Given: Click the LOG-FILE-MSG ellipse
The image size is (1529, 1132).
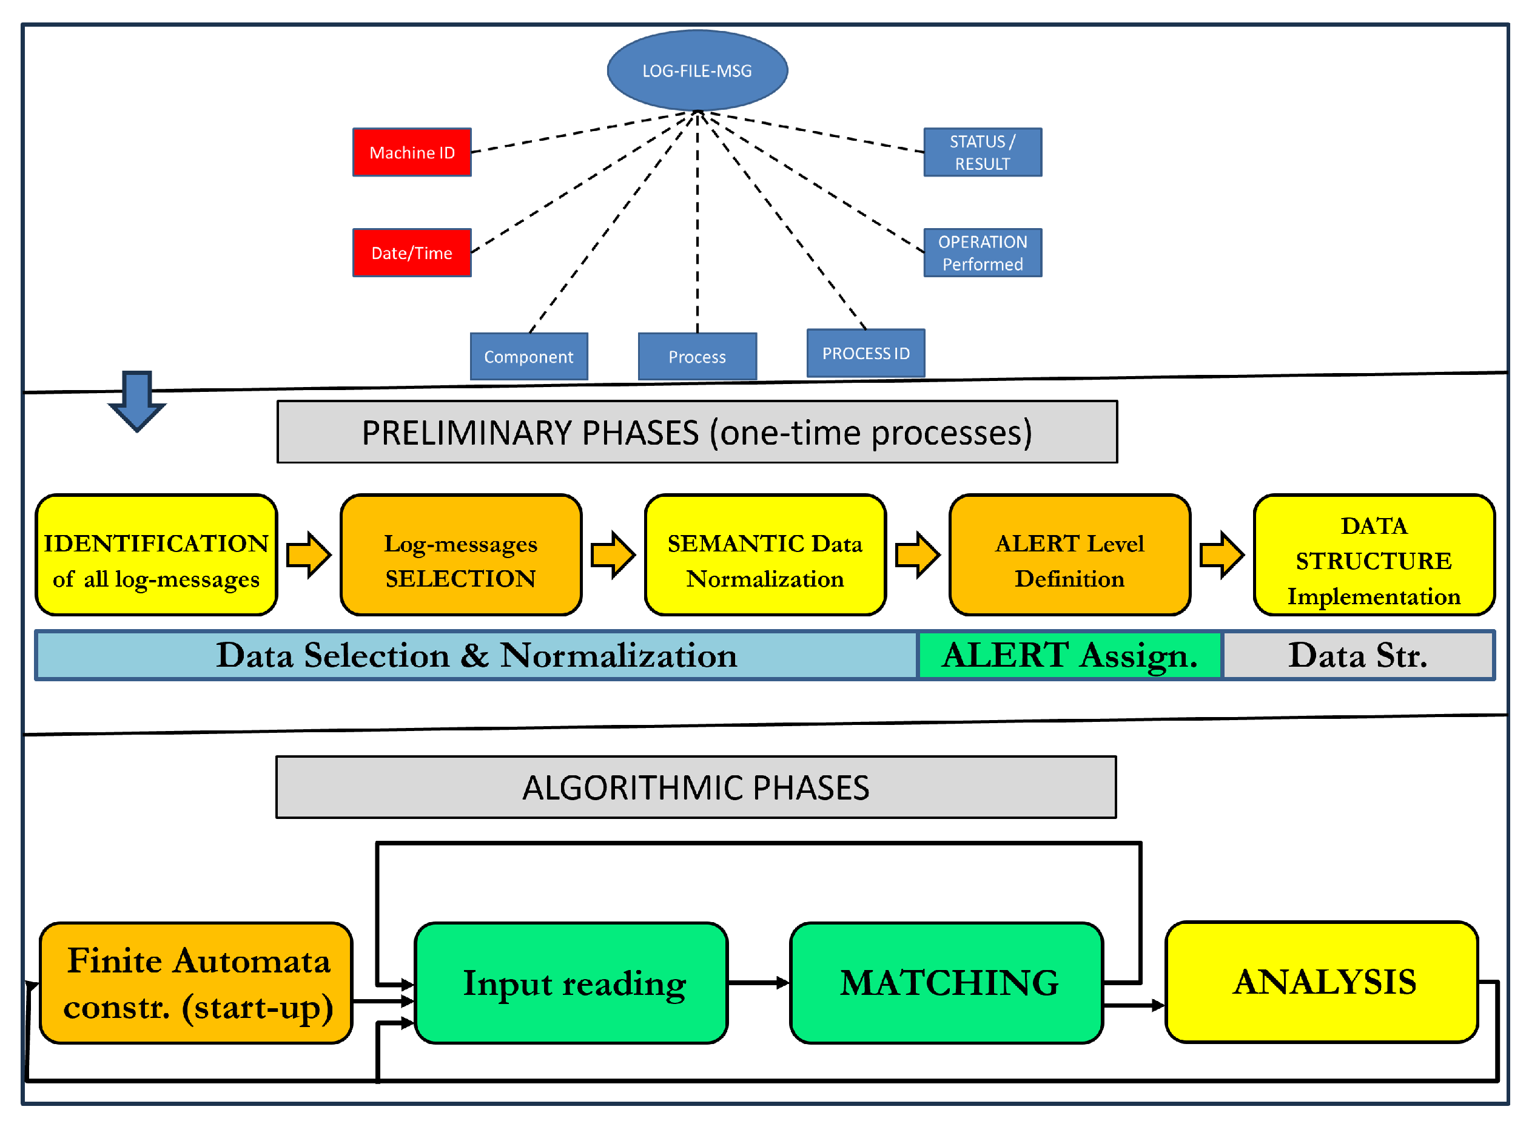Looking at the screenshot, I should click(697, 70).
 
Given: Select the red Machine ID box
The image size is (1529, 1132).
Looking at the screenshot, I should click(412, 152).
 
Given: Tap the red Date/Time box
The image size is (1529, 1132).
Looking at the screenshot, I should click(412, 253).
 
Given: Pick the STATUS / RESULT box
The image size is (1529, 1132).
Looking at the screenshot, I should click(982, 152).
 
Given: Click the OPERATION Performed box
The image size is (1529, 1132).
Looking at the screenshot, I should click(982, 253).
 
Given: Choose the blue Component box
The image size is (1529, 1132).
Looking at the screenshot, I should click(528, 356).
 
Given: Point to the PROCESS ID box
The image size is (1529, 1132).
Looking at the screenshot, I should click(865, 353).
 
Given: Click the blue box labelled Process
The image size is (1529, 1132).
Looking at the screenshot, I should click(697, 356).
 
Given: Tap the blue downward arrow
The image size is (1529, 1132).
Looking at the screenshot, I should click(137, 401).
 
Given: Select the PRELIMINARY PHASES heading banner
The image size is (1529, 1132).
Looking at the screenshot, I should click(697, 432).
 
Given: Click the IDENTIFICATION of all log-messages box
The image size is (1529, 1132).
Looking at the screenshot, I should click(156, 555).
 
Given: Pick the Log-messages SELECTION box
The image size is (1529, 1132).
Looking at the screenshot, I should click(460, 555).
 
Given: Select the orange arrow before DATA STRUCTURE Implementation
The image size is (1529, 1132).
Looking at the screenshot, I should click(1222, 555).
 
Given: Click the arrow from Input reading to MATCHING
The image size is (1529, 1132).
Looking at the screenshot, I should click(758, 983).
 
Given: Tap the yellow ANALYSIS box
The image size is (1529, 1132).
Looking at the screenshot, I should click(1322, 982).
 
